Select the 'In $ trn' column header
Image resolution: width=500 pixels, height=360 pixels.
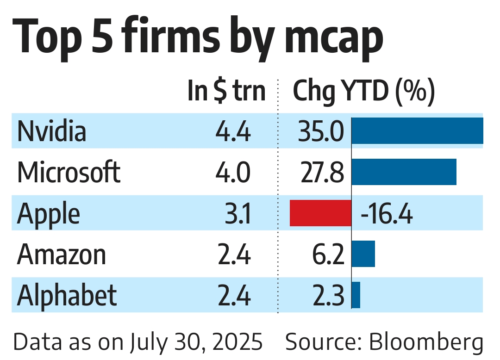226,91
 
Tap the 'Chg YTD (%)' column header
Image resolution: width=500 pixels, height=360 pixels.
364,92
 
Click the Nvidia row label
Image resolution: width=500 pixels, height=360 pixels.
52,131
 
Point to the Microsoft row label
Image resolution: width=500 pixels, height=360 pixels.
69,172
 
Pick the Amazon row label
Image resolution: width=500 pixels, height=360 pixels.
62,254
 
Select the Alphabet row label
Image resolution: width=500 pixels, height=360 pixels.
67,295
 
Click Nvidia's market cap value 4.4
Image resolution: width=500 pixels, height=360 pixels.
233,132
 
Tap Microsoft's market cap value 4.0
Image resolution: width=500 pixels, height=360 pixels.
233,173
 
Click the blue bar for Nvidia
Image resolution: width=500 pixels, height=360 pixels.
417,131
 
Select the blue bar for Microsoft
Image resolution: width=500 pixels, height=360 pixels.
404,172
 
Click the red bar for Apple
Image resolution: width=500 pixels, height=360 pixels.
320,213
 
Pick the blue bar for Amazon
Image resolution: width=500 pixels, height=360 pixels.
363,254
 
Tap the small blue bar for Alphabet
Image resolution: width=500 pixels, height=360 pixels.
356,295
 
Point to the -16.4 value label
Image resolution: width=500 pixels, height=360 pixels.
386,214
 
